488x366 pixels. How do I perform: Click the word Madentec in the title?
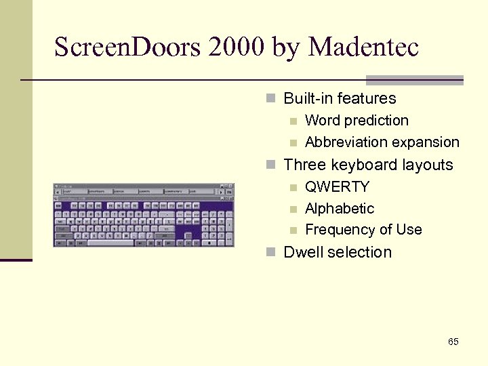[364, 47]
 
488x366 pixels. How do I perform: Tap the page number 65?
[453, 342]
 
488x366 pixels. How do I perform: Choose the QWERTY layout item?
[337, 186]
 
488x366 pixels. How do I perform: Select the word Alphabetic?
[340, 208]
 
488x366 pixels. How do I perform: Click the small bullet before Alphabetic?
[293, 209]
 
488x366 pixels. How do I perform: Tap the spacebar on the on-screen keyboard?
[129, 242]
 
